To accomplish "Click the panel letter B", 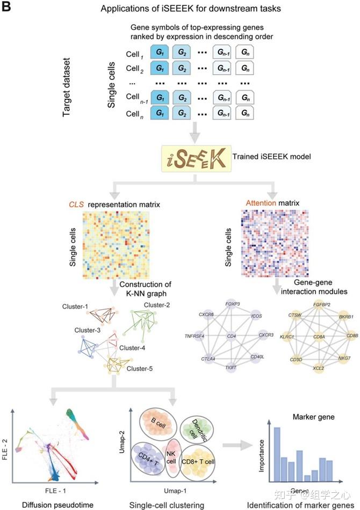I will pyautogui.click(x=7, y=8).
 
